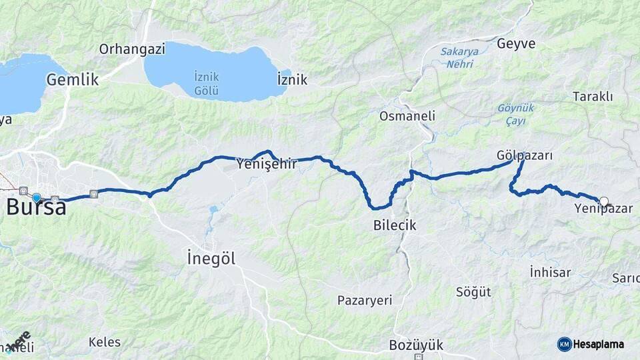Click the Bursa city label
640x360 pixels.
37,207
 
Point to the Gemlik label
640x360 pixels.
73,79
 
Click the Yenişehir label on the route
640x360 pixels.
267,163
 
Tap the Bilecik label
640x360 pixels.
395,225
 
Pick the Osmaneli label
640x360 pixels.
407,116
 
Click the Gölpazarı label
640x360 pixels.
525,155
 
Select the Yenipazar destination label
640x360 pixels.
603,209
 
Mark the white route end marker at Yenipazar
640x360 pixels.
604,201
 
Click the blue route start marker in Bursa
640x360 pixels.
37,197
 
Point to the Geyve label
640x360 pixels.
516,44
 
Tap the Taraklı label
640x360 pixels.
593,97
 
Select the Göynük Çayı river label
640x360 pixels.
516,114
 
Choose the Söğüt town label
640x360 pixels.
473,292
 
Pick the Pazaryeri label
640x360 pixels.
365,300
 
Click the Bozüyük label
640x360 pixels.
416,345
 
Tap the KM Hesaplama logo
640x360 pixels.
591,344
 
